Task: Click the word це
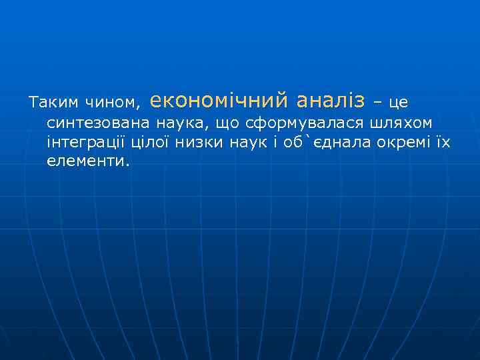(x=398, y=103)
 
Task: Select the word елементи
(x=87, y=161)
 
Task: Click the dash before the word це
(x=377, y=103)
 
